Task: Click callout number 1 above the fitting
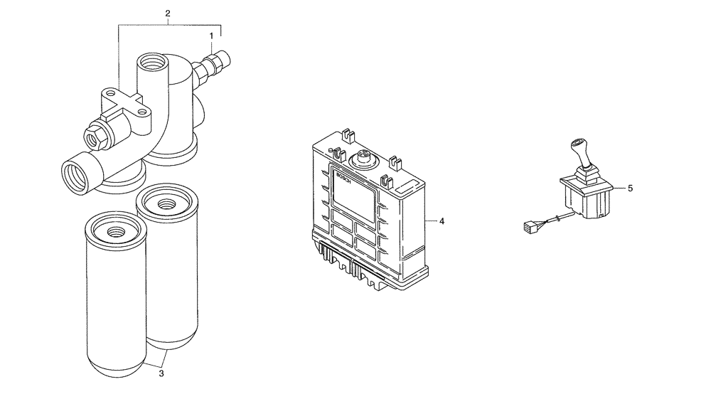(211, 35)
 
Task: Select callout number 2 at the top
(168, 14)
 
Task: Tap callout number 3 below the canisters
(161, 373)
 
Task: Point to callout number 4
(442, 221)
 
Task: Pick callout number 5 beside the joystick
(630, 188)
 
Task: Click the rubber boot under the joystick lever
(584, 176)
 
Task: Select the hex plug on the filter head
(94, 136)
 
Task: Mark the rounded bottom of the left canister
(115, 366)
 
